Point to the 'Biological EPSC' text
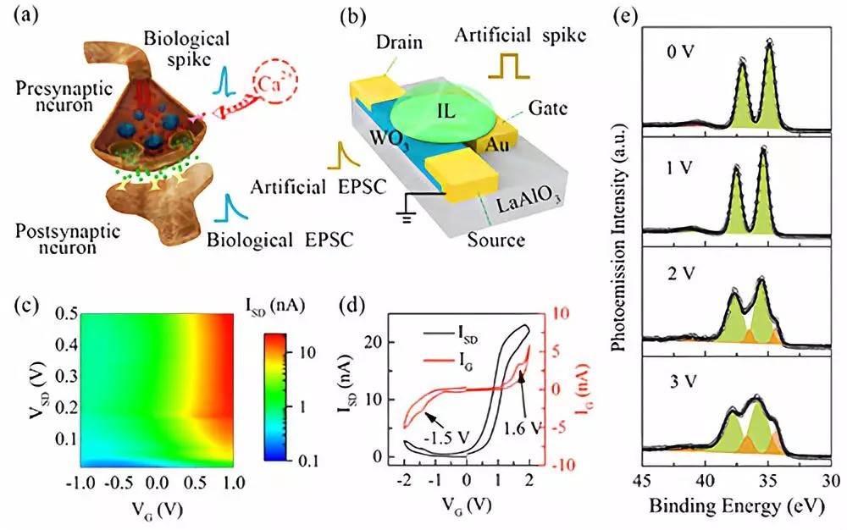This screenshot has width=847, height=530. pos(287,240)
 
